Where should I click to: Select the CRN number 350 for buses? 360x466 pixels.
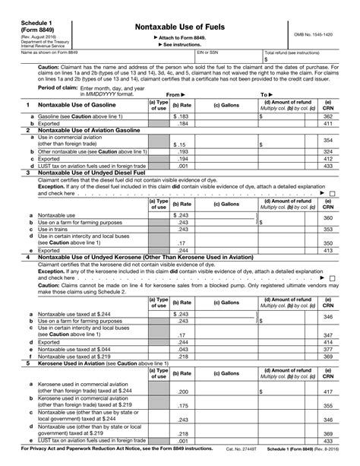click(x=327, y=241)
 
